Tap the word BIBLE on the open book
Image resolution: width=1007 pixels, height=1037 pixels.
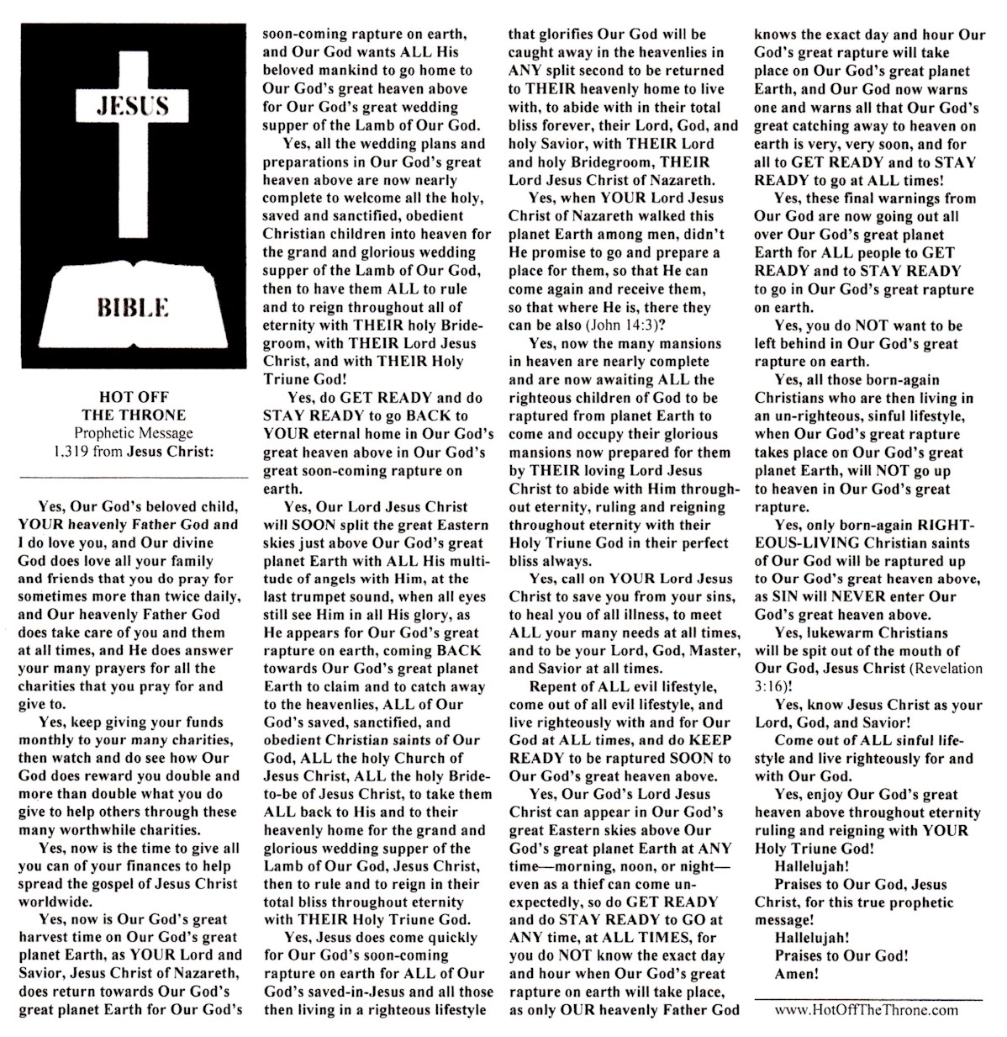[133, 305]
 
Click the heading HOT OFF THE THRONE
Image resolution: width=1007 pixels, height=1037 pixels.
[134, 406]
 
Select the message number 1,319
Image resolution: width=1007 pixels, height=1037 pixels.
[71, 451]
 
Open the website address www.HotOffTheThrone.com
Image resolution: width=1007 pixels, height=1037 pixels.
[866, 1010]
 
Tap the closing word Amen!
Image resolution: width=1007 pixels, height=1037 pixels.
[797, 974]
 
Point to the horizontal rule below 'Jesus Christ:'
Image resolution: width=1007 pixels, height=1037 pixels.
[134, 478]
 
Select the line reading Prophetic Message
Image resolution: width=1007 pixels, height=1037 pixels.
[134, 433]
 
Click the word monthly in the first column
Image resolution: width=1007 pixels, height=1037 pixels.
[45, 740]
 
